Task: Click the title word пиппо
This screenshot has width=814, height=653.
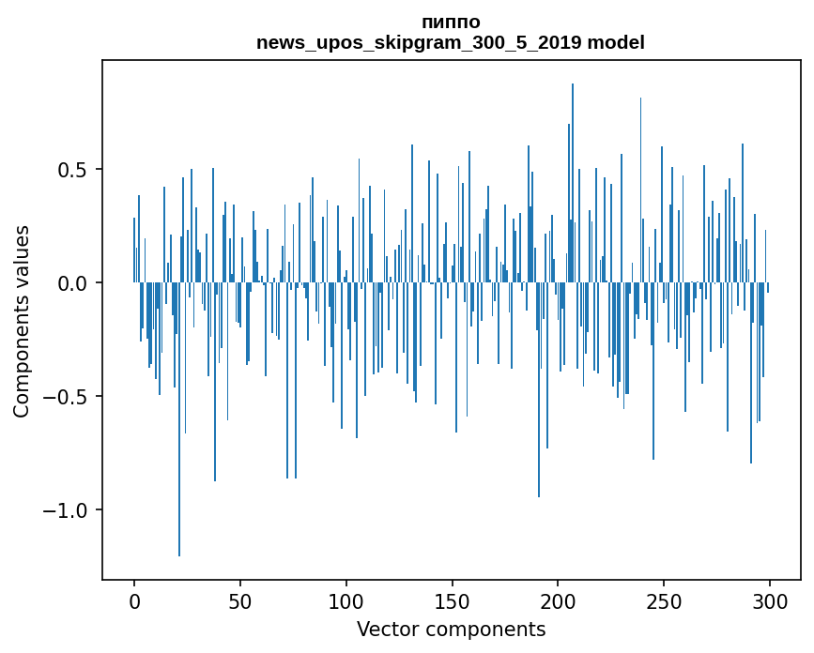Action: tap(451, 22)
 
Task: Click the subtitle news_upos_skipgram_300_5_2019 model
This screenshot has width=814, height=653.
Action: tap(451, 42)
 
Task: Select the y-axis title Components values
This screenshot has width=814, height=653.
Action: tap(22, 321)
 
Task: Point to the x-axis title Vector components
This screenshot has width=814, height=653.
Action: tap(451, 629)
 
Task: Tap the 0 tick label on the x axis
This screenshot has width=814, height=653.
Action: tap(134, 600)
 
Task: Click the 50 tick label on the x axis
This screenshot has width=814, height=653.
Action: tap(240, 600)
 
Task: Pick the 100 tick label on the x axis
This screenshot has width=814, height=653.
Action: tap(346, 600)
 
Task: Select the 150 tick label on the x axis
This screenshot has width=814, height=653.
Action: tap(453, 600)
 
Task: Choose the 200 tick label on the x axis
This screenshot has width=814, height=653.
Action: tap(558, 600)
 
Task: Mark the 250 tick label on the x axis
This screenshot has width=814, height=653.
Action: tap(664, 600)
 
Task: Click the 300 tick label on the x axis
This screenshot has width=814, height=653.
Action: tap(770, 600)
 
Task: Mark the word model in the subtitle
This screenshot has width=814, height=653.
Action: tap(616, 42)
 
